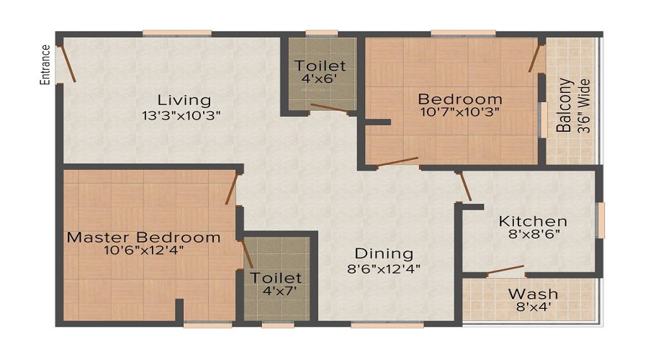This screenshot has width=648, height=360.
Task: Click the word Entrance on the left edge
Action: pyautogui.click(x=45, y=64)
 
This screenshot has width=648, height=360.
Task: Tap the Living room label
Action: pyautogui.click(x=184, y=100)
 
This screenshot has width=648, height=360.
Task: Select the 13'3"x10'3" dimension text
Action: pyautogui.click(x=181, y=114)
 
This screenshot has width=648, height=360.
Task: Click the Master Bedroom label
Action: pyautogui.click(x=144, y=237)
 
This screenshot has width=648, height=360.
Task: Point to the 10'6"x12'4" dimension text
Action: pyautogui.click(x=143, y=251)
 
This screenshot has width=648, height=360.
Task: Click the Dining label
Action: pyautogui.click(x=384, y=253)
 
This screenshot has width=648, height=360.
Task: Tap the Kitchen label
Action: pyautogui.click(x=534, y=221)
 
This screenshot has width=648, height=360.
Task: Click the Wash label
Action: pyautogui.click(x=533, y=294)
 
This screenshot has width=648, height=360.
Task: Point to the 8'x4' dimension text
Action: pyautogui.click(x=533, y=307)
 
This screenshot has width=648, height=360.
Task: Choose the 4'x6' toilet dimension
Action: pyautogui.click(x=320, y=79)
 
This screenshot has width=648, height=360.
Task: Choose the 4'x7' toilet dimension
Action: pyautogui.click(x=276, y=291)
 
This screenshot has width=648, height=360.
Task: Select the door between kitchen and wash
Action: pyautogui.click(x=505, y=270)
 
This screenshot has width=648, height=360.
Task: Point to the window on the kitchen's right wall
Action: pyautogui.click(x=601, y=220)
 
